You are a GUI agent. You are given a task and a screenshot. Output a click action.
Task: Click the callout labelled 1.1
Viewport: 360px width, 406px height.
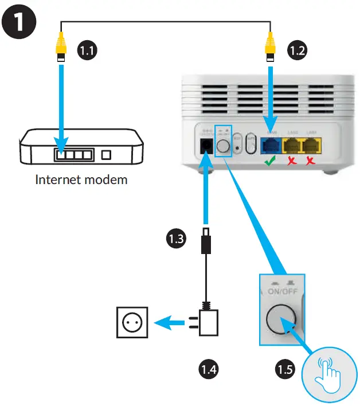(87, 50)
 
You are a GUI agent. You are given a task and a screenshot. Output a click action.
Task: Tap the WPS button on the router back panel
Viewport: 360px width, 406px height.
(251, 145)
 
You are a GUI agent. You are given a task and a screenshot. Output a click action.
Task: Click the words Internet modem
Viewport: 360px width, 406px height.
(81, 180)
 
